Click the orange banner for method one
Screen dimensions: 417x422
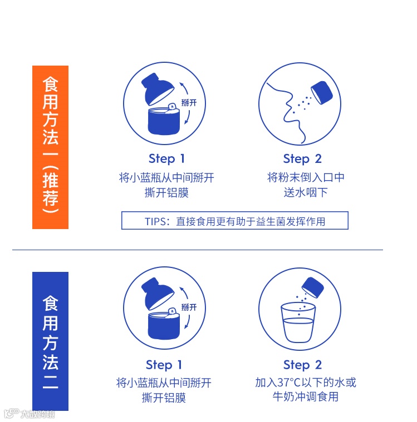click(x=50, y=147)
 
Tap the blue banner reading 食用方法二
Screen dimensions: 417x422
click(x=50, y=341)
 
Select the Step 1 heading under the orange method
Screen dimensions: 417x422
click(x=166, y=159)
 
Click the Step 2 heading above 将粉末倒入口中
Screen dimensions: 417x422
click(x=302, y=159)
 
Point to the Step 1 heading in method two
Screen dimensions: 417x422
click(x=164, y=365)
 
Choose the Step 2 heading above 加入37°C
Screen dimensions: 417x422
click(x=302, y=365)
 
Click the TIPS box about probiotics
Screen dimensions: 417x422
click(x=235, y=221)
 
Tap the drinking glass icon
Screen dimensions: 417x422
click(x=298, y=322)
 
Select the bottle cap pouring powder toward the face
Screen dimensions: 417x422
click(x=322, y=93)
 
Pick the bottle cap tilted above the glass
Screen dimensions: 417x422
click(x=313, y=287)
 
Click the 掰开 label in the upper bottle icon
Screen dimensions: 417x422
click(x=189, y=102)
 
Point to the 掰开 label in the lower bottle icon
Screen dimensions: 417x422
click(x=189, y=307)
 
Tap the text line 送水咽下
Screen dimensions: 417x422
click(x=306, y=192)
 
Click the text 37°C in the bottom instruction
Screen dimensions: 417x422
click(x=289, y=383)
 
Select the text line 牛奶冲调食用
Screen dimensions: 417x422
click(x=306, y=396)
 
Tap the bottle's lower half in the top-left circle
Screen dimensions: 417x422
click(x=164, y=120)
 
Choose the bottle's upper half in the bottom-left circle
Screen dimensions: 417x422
click(x=158, y=294)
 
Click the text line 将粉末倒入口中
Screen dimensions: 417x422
click(x=306, y=177)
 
